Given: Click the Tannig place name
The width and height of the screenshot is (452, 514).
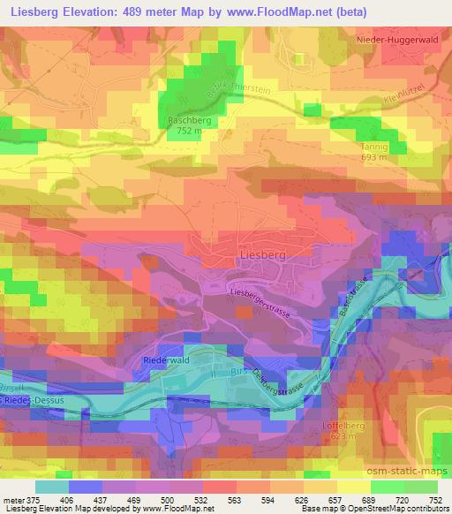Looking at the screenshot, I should tap(374, 146).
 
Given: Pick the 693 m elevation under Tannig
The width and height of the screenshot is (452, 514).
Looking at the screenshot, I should tap(374, 156).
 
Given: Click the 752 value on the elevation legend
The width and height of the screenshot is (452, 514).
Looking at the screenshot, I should tap(433, 498).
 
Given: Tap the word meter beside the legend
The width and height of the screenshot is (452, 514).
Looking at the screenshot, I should tap(14, 498).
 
